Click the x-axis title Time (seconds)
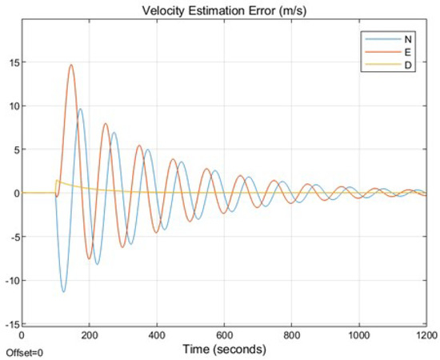point(223,350)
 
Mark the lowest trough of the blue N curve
point(63,292)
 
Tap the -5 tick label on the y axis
point(10,237)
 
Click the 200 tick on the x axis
point(89,337)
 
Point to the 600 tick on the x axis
point(224,337)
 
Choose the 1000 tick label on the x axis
point(358,337)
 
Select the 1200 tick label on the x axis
point(425,337)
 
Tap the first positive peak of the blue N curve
point(80,109)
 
